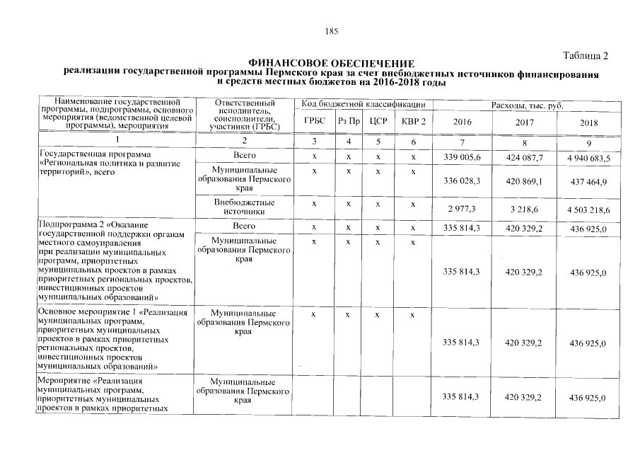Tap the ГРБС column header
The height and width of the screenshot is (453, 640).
[315, 122]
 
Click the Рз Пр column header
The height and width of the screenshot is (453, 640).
[349, 122]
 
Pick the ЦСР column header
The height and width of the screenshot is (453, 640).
[378, 122]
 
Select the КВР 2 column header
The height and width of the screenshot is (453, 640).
[413, 122]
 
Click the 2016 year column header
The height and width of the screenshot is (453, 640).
[462, 122]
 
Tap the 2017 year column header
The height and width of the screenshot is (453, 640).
[524, 122]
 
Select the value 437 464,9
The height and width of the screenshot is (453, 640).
[588, 182]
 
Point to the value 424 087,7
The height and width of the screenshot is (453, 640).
[524, 157]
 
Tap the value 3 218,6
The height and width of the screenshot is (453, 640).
[524, 210]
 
